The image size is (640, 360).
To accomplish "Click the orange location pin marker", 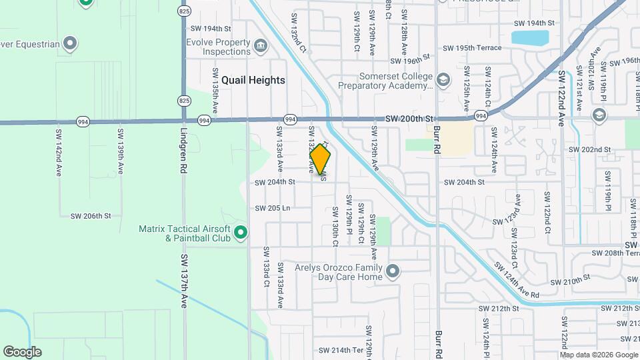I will (321, 160).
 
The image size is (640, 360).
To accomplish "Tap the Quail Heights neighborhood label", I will (253, 80).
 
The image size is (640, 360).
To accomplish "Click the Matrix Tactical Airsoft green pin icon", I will (241, 233).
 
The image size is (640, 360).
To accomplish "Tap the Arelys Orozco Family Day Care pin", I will (393, 271).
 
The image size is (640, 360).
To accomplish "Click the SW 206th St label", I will (90, 216).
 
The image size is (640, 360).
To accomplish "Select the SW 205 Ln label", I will (273, 208).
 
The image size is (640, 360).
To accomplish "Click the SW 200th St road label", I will (409, 117).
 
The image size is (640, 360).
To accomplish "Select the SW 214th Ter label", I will (340, 350).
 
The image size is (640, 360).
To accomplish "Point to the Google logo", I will (22, 351).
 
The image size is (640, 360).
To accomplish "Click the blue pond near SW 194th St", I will (530, 37).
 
